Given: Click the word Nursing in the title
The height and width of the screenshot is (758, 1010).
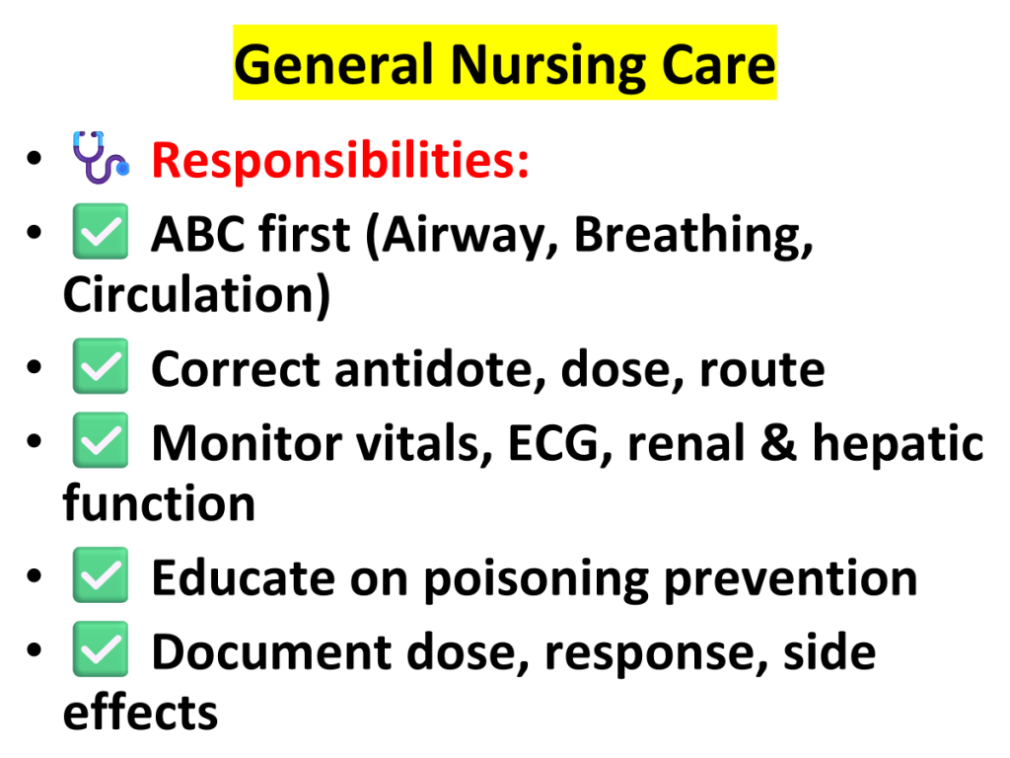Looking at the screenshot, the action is [x=547, y=66].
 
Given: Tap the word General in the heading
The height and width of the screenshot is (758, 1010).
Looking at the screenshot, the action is [x=333, y=64].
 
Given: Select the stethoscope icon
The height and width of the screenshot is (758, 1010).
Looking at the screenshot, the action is [x=100, y=157].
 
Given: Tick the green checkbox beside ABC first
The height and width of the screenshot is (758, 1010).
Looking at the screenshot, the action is [x=101, y=231].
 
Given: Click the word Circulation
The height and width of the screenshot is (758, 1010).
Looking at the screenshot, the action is [x=190, y=294].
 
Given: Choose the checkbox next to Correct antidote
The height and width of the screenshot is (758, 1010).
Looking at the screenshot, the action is [x=101, y=365].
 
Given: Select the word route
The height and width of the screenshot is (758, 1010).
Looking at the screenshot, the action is [x=762, y=370].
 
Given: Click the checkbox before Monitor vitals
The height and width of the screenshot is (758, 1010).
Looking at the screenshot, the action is [x=101, y=439].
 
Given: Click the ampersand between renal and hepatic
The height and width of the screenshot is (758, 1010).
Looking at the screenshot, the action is [x=778, y=443].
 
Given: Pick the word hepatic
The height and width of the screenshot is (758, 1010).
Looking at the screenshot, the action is [x=898, y=444].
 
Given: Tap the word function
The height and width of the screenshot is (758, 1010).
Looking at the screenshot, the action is [x=159, y=503].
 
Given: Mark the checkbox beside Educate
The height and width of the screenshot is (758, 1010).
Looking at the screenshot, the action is [x=101, y=574].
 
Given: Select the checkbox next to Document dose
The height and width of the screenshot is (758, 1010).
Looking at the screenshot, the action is [x=101, y=648].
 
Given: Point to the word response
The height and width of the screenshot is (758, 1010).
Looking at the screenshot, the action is [x=656, y=654].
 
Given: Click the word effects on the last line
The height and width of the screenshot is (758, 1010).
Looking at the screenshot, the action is [x=140, y=712].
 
